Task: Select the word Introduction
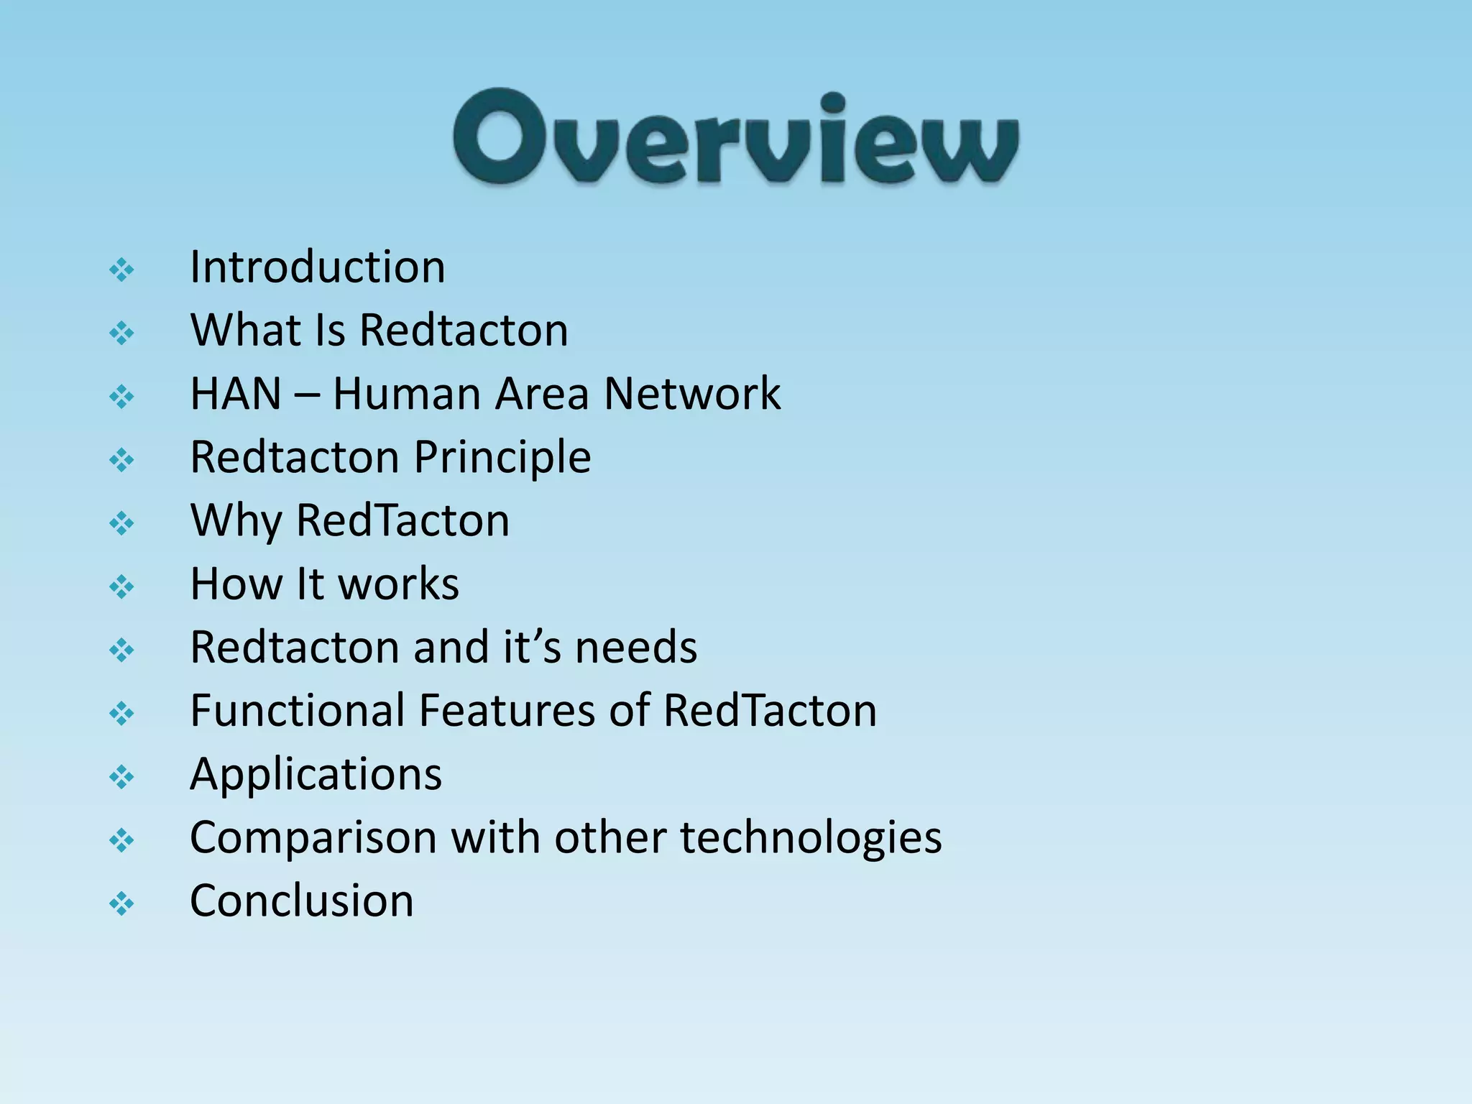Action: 317,267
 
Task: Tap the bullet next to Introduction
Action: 121,270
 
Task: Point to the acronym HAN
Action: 235,394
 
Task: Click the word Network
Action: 692,394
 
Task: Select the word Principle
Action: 502,458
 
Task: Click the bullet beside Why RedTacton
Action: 121,523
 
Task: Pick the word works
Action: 398,584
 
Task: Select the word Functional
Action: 298,710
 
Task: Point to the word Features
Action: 507,710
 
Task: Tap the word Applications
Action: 316,775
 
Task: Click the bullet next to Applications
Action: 121,777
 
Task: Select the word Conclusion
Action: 302,901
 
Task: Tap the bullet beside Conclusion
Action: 121,903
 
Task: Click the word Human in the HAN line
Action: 406,394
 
